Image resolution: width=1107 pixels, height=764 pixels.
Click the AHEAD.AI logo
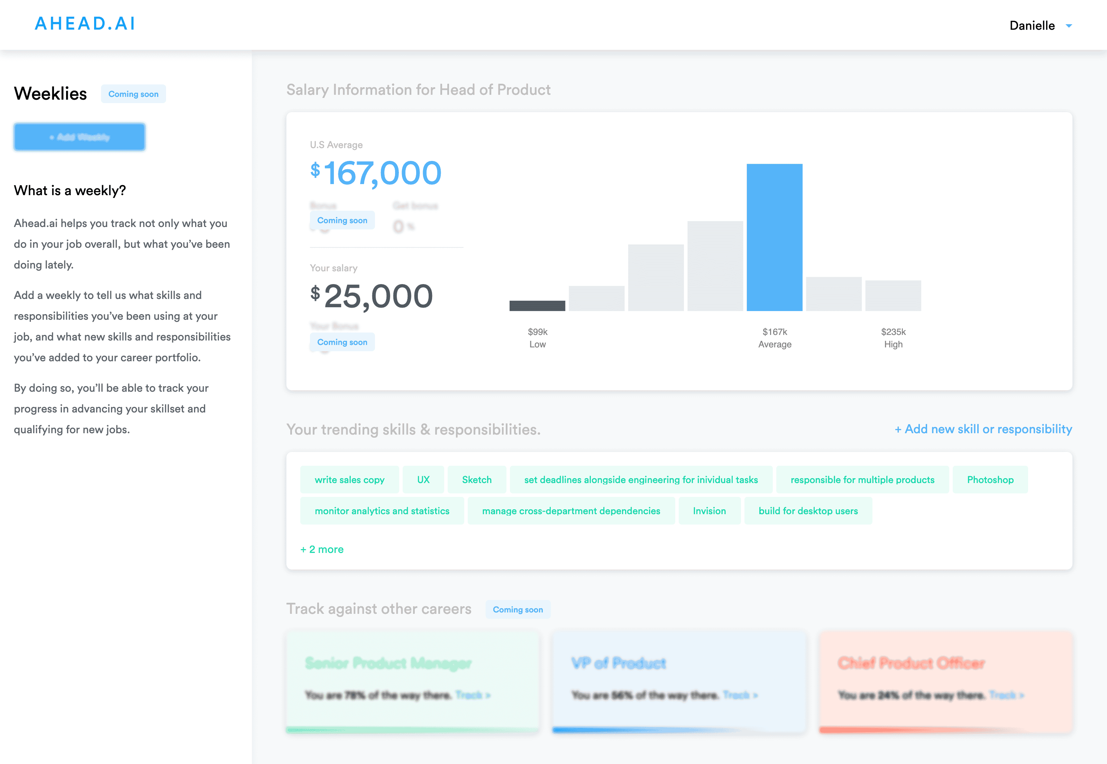tap(85, 24)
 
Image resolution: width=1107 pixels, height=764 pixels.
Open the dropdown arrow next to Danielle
tap(1069, 26)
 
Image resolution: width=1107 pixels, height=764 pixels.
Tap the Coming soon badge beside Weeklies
tap(133, 94)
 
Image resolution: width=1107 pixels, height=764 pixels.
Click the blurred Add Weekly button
tap(80, 137)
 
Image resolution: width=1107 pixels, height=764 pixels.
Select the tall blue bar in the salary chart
tap(774, 237)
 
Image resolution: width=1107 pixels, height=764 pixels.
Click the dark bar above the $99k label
tap(537, 306)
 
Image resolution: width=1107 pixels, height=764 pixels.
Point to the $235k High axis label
tap(893, 338)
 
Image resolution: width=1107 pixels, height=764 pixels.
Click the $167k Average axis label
tap(774, 338)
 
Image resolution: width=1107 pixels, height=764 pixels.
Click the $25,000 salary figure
tap(372, 296)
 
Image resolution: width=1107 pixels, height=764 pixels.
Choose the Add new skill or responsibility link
tap(983, 429)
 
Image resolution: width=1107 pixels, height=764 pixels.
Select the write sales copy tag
tap(349, 480)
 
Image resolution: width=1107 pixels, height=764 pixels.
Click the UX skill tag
tap(423, 480)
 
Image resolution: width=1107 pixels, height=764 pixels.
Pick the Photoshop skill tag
tap(990, 480)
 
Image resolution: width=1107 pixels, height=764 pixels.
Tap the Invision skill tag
tap(709, 511)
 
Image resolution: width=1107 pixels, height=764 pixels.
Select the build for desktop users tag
tap(808, 511)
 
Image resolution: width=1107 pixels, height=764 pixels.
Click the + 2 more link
tap(322, 549)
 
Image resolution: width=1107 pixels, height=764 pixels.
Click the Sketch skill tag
tap(477, 480)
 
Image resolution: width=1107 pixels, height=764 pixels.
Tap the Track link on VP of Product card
tap(739, 695)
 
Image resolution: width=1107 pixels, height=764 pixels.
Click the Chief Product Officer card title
tap(911, 663)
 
